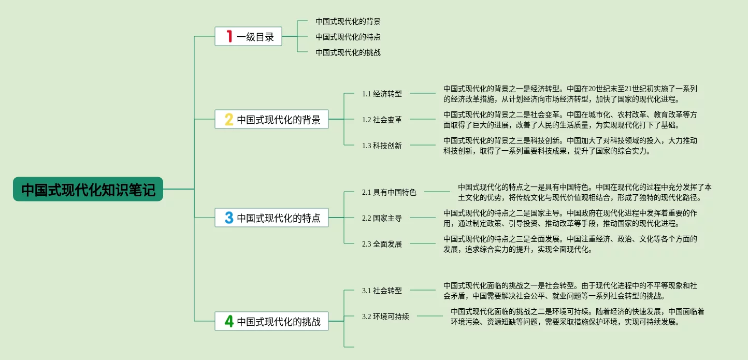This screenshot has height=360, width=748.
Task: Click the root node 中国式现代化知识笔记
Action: [88, 190]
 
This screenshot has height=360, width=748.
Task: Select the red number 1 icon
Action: [229, 36]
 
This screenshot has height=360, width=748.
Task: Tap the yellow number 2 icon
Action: [229, 120]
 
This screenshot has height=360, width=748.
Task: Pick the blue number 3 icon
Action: [229, 218]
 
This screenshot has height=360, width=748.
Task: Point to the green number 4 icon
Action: [229, 321]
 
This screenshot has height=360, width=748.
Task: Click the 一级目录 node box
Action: [249, 36]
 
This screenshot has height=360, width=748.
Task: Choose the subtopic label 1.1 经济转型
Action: [382, 94]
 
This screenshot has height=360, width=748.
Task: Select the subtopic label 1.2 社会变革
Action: [382, 120]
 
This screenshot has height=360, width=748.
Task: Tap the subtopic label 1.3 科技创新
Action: [382, 146]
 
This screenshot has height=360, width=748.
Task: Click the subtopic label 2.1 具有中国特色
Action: [389, 192]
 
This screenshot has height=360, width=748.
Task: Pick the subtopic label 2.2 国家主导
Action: [382, 218]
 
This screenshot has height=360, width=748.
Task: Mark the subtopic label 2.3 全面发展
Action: [382, 244]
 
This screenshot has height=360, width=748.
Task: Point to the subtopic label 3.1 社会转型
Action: [382, 291]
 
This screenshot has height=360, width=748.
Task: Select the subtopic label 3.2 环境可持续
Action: [385, 316]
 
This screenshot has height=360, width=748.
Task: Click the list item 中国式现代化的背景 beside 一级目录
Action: [348, 21]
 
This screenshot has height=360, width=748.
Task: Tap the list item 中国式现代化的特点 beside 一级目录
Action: [348, 37]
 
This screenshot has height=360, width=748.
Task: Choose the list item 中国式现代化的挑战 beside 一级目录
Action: [348, 52]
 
